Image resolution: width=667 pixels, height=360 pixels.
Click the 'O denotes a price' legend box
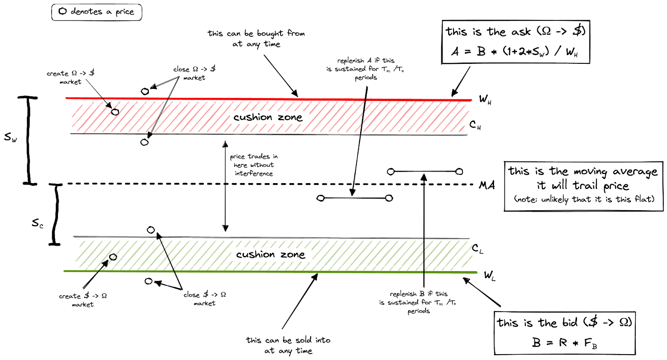(x=97, y=12)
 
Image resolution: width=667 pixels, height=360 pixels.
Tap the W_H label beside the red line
(x=485, y=99)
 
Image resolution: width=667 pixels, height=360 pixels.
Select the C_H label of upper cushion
(x=475, y=125)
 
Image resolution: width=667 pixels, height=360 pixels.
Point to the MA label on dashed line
(x=486, y=185)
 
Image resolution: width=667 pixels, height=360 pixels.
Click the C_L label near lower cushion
(x=477, y=249)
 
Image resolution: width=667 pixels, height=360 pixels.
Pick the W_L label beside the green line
(x=489, y=275)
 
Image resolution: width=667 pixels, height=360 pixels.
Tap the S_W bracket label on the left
(x=10, y=137)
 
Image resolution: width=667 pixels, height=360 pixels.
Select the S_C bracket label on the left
(x=38, y=224)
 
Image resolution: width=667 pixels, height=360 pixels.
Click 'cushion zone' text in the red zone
(x=268, y=117)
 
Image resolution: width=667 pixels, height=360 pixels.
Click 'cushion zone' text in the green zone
(x=270, y=254)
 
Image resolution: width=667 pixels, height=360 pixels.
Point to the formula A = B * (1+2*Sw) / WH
(x=514, y=51)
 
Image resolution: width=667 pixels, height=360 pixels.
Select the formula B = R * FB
(x=564, y=343)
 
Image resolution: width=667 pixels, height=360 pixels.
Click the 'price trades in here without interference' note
(x=253, y=165)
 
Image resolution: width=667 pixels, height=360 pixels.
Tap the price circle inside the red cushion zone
(x=115, y=112)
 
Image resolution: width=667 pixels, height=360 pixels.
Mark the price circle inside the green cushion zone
(x=113, y=257)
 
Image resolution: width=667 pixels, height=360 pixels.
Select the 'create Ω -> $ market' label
(x=70, y=77)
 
